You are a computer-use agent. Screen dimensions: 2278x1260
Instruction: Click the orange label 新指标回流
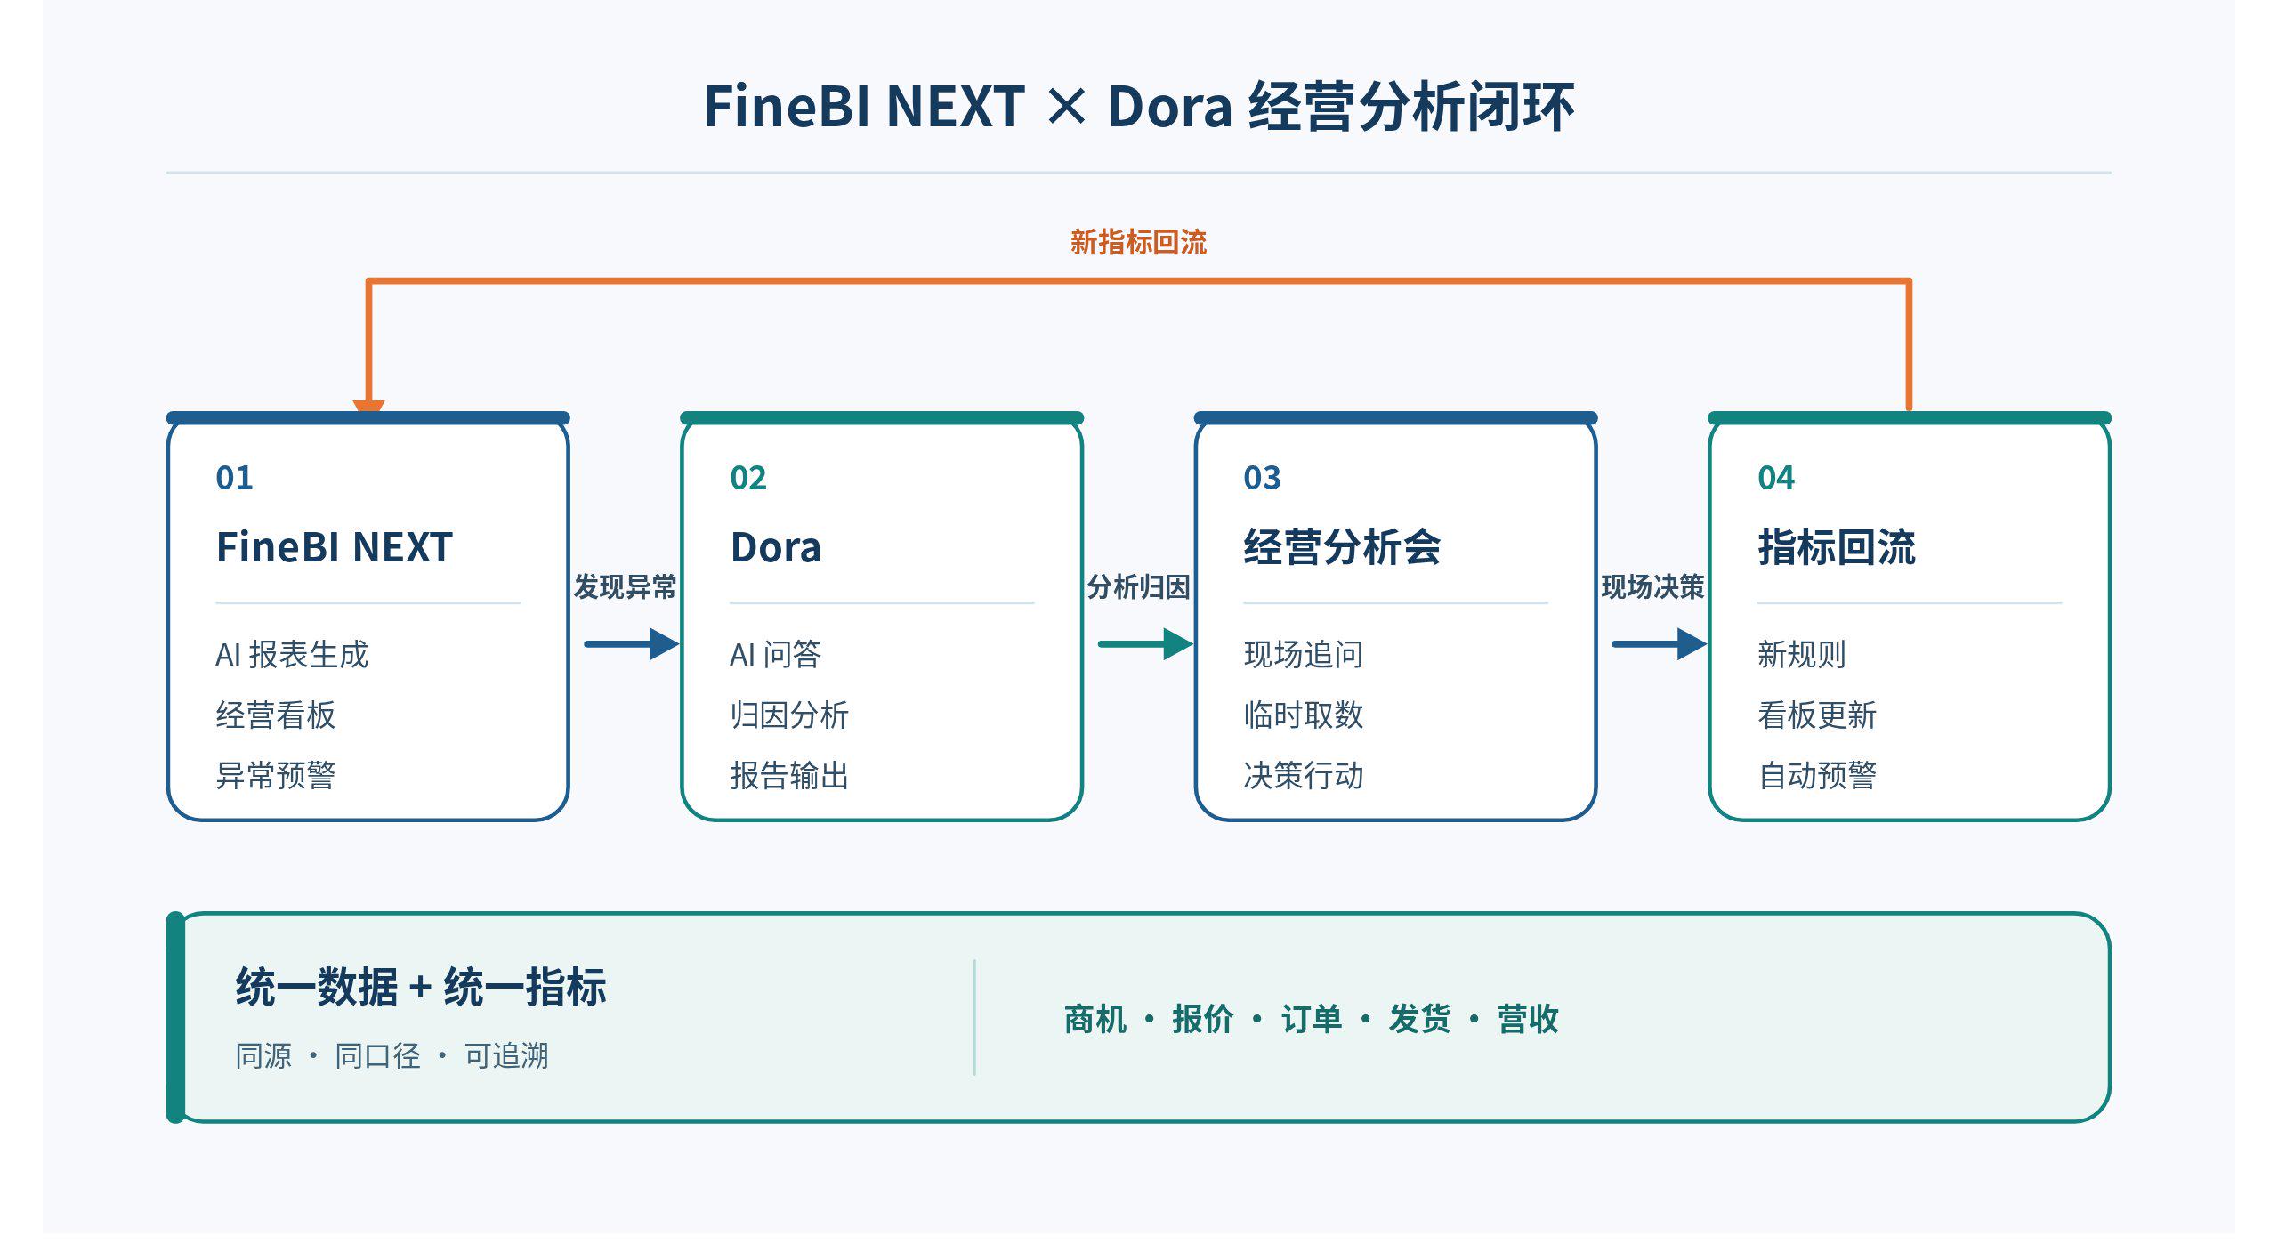point(1138,242)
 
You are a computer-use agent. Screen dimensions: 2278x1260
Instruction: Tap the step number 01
point(234,478)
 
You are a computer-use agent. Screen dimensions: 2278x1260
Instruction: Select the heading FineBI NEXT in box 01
point(335,546)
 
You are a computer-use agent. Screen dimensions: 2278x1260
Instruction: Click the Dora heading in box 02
point(775,546)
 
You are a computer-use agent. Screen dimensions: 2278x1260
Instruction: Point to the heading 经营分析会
point(1342,546)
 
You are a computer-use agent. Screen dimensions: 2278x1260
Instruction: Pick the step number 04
point(1776,478)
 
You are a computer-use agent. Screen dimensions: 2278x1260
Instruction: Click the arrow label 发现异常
point(625,586)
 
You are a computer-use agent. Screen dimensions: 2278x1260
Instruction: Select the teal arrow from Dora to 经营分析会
point(1145,643)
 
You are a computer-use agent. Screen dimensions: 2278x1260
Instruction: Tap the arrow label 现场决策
point(1652,586)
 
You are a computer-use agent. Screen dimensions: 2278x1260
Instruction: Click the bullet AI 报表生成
point(292,654)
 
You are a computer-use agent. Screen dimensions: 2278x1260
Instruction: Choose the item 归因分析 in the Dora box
point(789,715)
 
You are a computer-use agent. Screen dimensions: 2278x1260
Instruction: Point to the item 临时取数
point(1304,715)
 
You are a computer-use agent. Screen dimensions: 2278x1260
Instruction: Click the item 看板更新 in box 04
point(1817,715)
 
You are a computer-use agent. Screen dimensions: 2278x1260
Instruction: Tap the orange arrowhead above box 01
point(368,407)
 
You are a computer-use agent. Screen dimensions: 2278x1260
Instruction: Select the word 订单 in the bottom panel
point(1311,1019)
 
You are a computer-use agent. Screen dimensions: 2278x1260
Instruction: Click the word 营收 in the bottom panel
point(1528,1019)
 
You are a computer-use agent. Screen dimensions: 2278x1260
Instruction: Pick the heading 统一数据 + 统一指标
point(421,987)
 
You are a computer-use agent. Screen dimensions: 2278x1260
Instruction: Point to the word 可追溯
point(506,1055)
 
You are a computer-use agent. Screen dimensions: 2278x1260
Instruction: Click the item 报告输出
point(789,775)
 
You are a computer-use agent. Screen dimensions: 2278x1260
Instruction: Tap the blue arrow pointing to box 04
point(1660,643)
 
